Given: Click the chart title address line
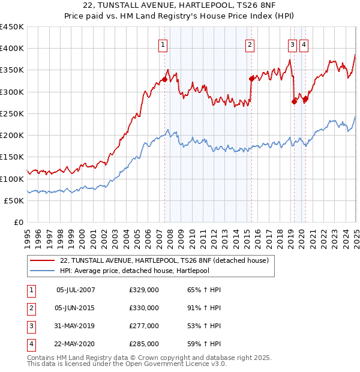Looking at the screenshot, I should point(179,7).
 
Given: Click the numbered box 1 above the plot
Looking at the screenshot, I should point(163,44).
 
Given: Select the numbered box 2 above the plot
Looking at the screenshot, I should point(249,44).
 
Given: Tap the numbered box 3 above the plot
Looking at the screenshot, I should point(292,44).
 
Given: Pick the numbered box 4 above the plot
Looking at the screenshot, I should point(304,44).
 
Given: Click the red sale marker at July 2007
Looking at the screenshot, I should point(164,79).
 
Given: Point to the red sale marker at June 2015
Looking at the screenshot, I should point(251,78).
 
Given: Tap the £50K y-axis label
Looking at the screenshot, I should point(14,200).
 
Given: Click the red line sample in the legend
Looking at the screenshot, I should point(43,260).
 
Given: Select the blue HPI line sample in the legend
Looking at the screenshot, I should point(43,271).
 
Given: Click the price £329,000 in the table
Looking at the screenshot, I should point(144,290).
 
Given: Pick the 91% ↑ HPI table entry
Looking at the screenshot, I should point(200,308).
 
